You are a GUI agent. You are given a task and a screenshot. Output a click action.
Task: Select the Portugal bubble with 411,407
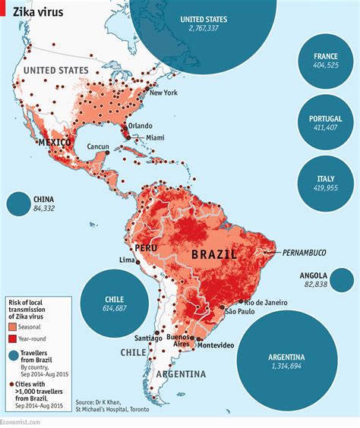pos(326,123)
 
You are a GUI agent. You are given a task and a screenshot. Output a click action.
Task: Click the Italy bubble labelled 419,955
pos(326,184)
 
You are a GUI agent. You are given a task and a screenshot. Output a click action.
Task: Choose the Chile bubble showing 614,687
pos(115,304)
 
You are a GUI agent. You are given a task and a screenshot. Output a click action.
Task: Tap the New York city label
pos(164,93)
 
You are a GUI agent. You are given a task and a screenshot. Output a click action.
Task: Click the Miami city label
pos(155,137)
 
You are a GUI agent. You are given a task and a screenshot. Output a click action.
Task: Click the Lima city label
pos(127,260)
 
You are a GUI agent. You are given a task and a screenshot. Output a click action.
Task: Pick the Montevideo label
pos(216,346)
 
